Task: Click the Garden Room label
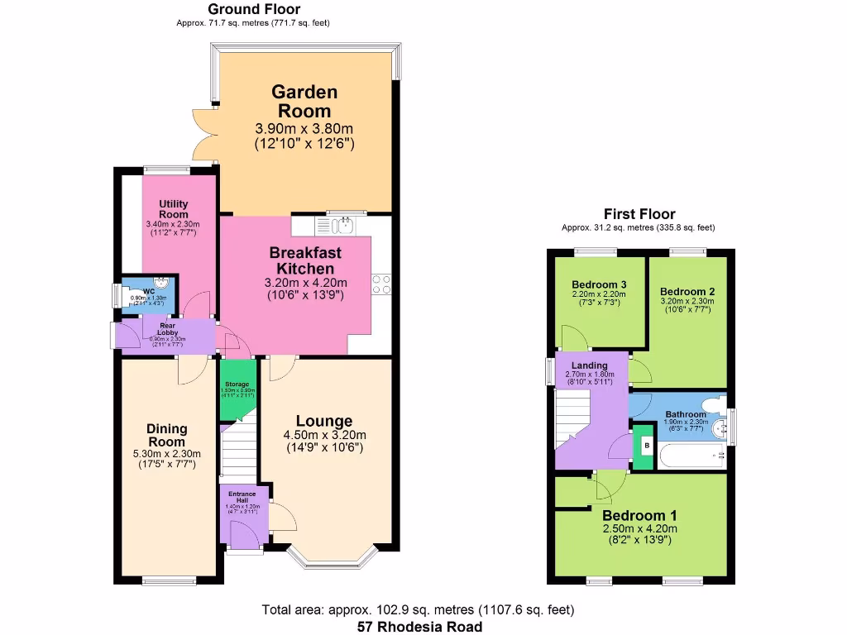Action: pyautogui.click(x=304, y=102)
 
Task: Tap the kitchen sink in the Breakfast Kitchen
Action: pyautogui.click(x=341, y=224)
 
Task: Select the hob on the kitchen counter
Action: pyautogui.click(x=382, y=284)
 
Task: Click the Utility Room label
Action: pyautogui.click(x=174, y=209)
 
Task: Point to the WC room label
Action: pyautogui.click(x=149, y=292)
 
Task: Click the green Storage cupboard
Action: pyautogui.click(x=237, y=389)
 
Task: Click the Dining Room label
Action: pyautogui.click(x=167, y=434)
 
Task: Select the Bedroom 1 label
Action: pyautogui.click(x=639, y=516)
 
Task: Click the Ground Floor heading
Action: pyautogui.click(x=242, y=9)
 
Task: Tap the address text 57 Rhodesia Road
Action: pyautogui.click(x=419, y=627)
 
